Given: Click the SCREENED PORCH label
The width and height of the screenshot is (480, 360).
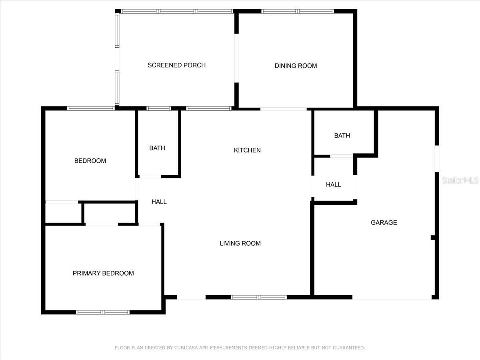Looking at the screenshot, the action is click(x=177, y=65).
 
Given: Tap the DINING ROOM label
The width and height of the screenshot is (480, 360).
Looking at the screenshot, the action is click(x=296, y=66).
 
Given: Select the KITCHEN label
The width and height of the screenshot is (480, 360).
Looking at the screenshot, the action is click(x=247, y=150).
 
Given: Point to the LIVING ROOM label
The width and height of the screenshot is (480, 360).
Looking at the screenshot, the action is click(x=240, y=243).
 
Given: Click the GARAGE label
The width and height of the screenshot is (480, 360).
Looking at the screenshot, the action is click(x=384, y=222).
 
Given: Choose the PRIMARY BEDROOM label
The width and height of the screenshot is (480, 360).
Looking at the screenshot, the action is click(x=103, y=273).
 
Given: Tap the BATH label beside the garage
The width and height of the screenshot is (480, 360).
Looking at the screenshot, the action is click(x=342, y=136).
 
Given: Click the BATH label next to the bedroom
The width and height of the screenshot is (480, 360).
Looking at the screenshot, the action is click(x=157, y=148).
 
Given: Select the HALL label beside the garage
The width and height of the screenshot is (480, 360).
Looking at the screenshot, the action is click(x=334, y=185).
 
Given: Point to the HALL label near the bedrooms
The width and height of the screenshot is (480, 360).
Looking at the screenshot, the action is click(x=159, y=202).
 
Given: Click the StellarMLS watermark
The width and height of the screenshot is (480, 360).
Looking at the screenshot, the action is click(x=460, y=180).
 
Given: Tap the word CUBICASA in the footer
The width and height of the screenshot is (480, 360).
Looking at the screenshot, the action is click(x=186, y=348).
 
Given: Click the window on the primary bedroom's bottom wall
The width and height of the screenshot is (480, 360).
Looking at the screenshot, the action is click(x=103, y=312).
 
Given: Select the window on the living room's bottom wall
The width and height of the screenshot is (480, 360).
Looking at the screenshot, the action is click(x=259, y=297).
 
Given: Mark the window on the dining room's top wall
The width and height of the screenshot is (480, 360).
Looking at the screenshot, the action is click(x=298, y=11).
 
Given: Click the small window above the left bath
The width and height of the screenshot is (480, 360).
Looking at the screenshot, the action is click(x=159, y=108).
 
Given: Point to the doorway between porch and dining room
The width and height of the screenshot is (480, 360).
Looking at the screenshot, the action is click(x=236, y=58).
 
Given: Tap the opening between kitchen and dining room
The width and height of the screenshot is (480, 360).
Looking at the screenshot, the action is click(x=284, y=109).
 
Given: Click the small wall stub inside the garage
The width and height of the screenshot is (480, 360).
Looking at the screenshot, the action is click(x=433, y=237).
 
